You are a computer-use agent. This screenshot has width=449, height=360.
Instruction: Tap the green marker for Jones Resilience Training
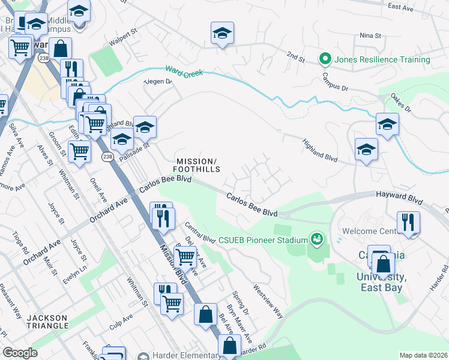[325, 59]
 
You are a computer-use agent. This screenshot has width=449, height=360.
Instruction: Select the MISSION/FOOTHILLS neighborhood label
[196, 166]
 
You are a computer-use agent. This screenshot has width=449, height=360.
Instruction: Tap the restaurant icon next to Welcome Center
[408, 222]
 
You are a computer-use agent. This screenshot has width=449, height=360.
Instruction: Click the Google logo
[20, 353]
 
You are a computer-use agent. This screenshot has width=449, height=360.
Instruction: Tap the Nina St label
[370, 36]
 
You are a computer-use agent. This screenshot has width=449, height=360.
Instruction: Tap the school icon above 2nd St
[222, 34]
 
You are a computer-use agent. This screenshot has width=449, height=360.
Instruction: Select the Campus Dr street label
[335, 84]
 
